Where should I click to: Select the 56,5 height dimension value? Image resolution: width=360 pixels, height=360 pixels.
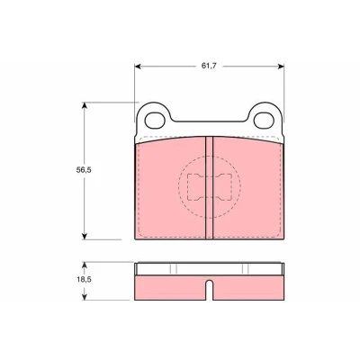[x=84, y=170]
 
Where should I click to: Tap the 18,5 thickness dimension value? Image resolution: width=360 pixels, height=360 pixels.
[x=84, y=280]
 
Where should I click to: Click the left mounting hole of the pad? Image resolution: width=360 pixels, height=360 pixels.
[x=155, y=120]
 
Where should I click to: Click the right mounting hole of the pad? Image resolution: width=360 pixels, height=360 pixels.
[x=264, y=120]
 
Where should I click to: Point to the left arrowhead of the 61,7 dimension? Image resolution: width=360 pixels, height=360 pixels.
[x=138, y=67]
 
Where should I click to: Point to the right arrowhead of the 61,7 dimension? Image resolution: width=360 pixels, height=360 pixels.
[x=281, y=67]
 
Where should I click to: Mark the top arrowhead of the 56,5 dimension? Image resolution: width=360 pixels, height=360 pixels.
[x=85, y=105]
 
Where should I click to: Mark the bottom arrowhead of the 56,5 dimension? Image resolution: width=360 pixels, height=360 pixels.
[x=85, y=236]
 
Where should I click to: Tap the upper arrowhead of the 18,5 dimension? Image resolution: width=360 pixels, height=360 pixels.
[x=85, y=265]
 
